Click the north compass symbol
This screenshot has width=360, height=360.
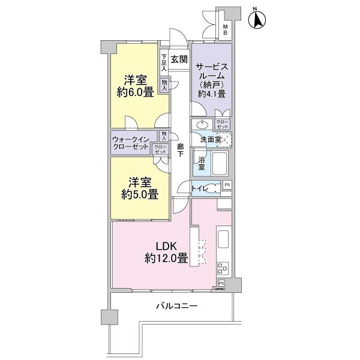click(x=257, y=19)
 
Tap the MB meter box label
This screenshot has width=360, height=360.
click(x=226, y=30)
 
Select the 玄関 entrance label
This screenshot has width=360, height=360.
click(x=179, y=59)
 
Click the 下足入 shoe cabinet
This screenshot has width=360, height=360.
click(x=164, y=62)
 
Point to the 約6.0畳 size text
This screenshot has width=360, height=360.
click(x=135, y=92)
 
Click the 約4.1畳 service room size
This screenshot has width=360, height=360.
click(x=211, y=94)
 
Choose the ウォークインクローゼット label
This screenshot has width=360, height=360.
click(x=131, y=143)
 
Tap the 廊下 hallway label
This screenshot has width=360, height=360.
click(x=180, y=150)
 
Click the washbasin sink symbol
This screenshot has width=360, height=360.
click(x=202, y=125)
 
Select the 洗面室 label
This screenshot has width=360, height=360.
click(x=211, y=139)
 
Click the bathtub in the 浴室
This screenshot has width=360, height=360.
click(x=220, y=163)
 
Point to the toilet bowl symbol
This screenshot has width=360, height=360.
click(x=215, y=188)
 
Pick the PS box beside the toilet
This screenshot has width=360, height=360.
click(x=227, y=185)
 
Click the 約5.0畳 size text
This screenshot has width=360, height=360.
click(x=140, y=195)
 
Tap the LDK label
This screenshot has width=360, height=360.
click(x=166, y=247)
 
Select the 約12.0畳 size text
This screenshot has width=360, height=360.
click(x=166, y=258)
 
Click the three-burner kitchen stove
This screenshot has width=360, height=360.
click(x=223, y=268)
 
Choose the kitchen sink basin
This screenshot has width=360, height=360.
click(x=223, y=239)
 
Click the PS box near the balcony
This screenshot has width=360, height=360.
click(x=221, y=283)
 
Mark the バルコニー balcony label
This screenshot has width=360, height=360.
click(x=177, y=306)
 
